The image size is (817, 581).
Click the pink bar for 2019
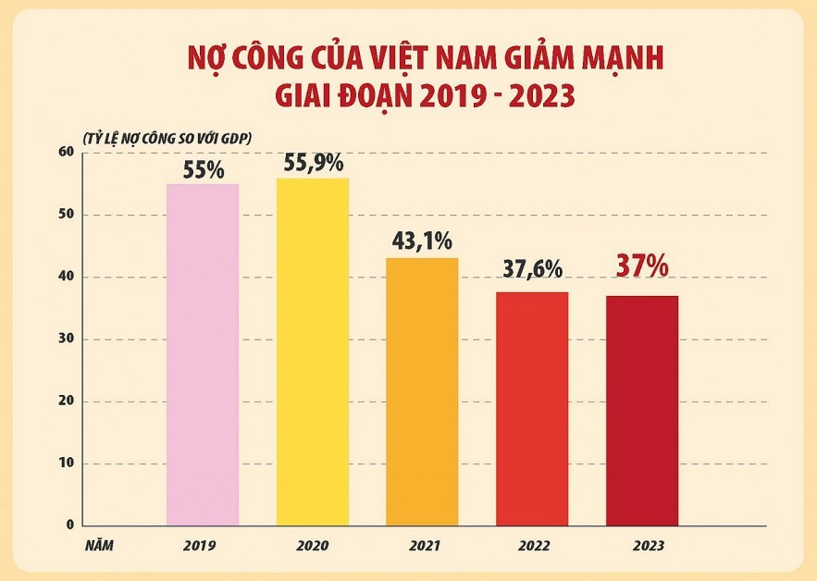203,354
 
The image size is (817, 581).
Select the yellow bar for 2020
313,352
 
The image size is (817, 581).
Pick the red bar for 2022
532,408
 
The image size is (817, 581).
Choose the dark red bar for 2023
642,410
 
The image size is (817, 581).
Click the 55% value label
203,170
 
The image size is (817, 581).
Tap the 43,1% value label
422,242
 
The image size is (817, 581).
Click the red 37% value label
642,266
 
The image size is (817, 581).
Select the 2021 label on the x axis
423,546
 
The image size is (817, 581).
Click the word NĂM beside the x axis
98,546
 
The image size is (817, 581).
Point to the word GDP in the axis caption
238,137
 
